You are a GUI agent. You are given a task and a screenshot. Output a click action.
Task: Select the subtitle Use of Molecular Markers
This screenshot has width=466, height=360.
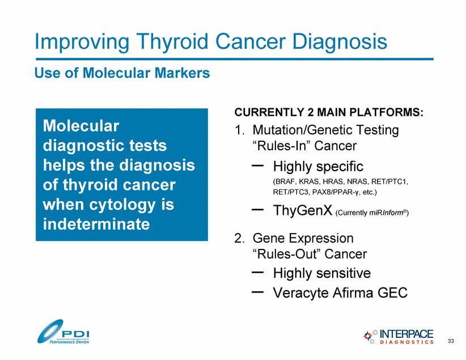[x=122, y=73]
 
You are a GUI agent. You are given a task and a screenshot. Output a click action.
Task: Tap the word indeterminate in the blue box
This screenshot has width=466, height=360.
[x=96, y=224]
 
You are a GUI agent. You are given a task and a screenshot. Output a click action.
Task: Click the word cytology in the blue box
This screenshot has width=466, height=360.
[x=122, y=205]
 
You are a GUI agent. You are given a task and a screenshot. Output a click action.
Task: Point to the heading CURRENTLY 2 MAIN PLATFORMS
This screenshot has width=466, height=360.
[x=329, y=112]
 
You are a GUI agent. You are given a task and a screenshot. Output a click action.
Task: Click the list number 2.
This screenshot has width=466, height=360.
[x=240, y=238]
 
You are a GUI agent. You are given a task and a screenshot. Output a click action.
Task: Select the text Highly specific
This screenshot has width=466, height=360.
[x=318, y=167]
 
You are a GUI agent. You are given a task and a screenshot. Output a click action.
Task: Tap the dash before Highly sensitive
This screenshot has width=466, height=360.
[x=258, y=272]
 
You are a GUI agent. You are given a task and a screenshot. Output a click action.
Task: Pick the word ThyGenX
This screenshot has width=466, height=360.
[x=303, y=210]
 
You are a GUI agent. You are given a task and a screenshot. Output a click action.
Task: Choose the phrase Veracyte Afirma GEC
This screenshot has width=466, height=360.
[x=340, y=293]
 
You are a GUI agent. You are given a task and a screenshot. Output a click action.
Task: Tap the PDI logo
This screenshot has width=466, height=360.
[x=63, y=332]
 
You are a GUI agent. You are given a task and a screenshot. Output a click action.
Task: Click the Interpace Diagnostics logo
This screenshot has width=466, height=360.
[x=398, y=337]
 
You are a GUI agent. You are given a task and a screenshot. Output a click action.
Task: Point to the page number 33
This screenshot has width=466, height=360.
[x=451, y=341]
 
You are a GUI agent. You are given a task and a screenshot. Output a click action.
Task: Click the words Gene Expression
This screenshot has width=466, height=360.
[x=303, y=239]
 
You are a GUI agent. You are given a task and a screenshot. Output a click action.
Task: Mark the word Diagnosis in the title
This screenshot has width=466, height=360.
[x=340, y=41]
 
